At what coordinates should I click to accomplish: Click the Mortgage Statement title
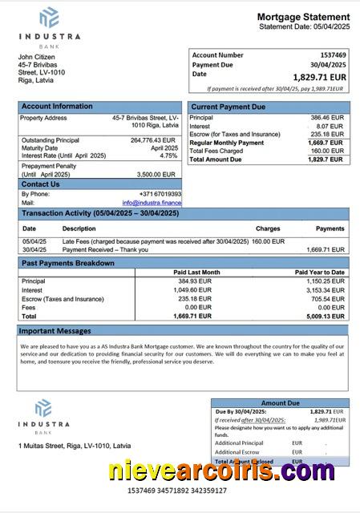[x=303, y=17]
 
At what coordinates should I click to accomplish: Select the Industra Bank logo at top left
[x=49, y=26]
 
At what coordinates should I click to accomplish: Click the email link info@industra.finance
[x=152, y=203]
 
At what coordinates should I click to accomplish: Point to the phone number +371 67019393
[x=160, y=194]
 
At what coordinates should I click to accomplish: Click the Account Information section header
[x=57, y=106]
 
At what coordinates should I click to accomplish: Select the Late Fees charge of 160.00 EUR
[x=268, y=240]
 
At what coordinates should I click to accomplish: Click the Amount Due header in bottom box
[x=280, y=403]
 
